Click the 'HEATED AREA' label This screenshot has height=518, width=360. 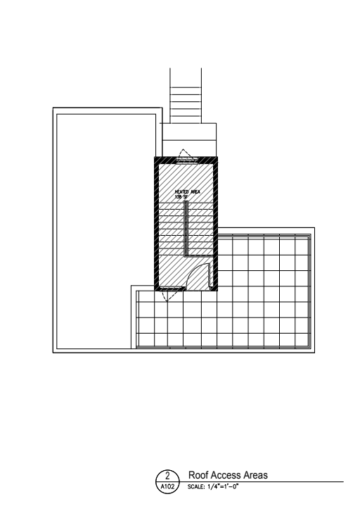[x=188, y=191]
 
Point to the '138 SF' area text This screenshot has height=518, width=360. [x=181, y=197]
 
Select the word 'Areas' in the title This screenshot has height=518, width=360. [x=255, y=475]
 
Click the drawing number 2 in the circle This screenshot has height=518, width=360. [x=167, y=476]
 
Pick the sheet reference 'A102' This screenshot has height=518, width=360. [x=167, y=486]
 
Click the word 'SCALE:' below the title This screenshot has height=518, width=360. [x=196, y=486]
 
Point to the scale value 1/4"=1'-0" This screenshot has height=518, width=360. [x=223, y=486]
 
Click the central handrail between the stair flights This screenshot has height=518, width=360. [x=186, y=228]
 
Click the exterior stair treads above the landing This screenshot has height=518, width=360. [x=186, y=105]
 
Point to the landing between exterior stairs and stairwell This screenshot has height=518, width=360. [x=189, y=140]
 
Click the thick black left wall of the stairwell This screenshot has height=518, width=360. [x=156, y=224]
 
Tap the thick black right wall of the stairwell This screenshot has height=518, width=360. [x=215, y=224]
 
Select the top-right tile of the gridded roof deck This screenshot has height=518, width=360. [x=302, y=246]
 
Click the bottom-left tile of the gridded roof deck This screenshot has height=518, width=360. [x=146, y=340]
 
